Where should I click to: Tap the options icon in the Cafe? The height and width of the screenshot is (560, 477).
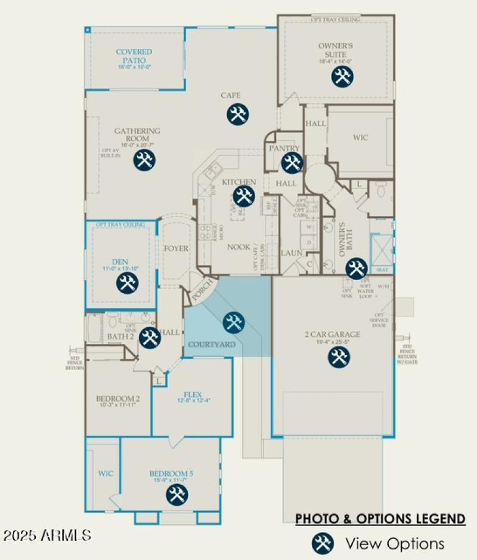237,115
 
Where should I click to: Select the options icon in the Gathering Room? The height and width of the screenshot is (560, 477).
144,160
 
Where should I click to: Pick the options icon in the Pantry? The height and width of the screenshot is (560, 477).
292,162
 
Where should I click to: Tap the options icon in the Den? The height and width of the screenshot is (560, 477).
127,282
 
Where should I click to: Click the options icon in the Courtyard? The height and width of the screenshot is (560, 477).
233,322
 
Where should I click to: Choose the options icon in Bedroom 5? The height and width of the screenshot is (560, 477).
175,494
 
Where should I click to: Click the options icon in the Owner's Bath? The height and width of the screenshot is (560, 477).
357,268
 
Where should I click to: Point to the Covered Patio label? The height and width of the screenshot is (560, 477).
134,56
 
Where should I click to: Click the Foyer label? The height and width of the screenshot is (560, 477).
176,248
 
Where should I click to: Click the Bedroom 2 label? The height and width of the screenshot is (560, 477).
117,399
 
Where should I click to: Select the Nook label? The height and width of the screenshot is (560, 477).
238,247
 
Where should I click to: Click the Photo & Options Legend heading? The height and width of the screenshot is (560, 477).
380,518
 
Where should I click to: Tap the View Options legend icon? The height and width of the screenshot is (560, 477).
322,543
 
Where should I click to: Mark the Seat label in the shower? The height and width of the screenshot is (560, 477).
382,270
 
